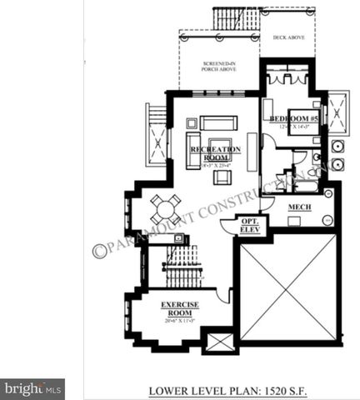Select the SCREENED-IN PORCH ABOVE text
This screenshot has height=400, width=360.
[219, 67]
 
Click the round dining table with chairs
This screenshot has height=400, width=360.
[165, 207]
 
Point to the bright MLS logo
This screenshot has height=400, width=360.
[32, 387]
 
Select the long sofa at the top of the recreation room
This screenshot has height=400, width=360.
[218, 122]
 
